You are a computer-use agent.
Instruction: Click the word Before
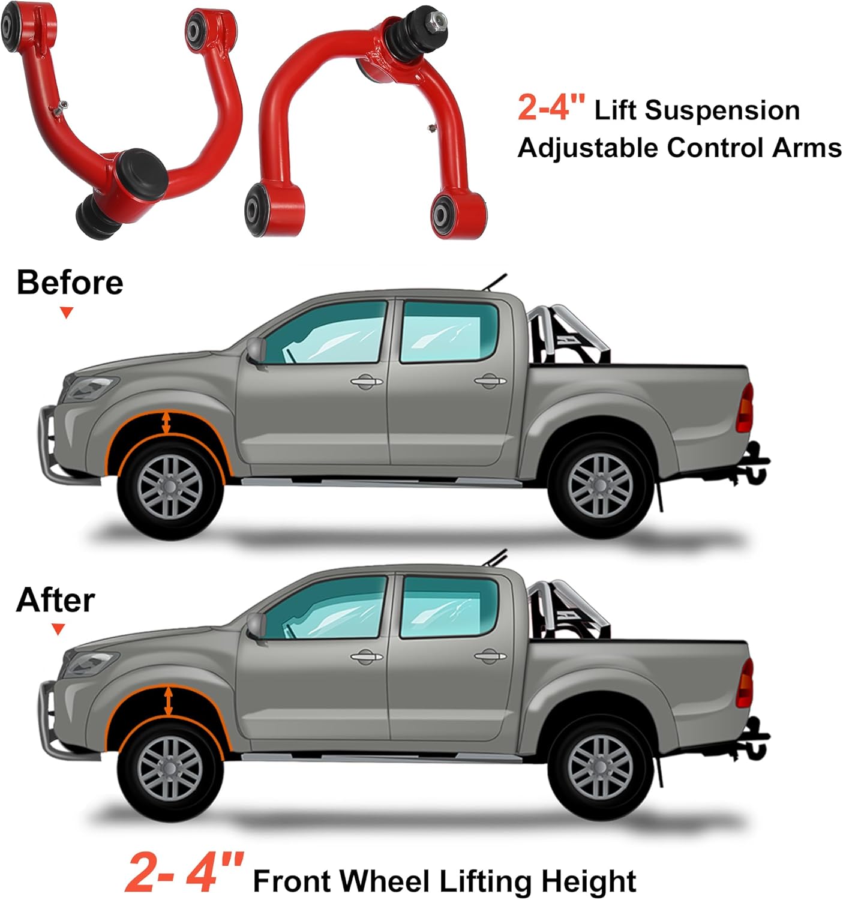70,282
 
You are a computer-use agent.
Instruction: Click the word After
55,600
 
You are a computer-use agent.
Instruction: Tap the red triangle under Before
67,313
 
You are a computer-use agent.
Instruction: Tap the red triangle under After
58,629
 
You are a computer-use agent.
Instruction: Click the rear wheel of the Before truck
601,485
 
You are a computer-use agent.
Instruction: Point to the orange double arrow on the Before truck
166,422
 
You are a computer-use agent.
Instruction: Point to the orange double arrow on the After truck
169,701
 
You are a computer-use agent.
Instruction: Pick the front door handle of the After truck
367,657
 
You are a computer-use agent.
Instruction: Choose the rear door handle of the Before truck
490,380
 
